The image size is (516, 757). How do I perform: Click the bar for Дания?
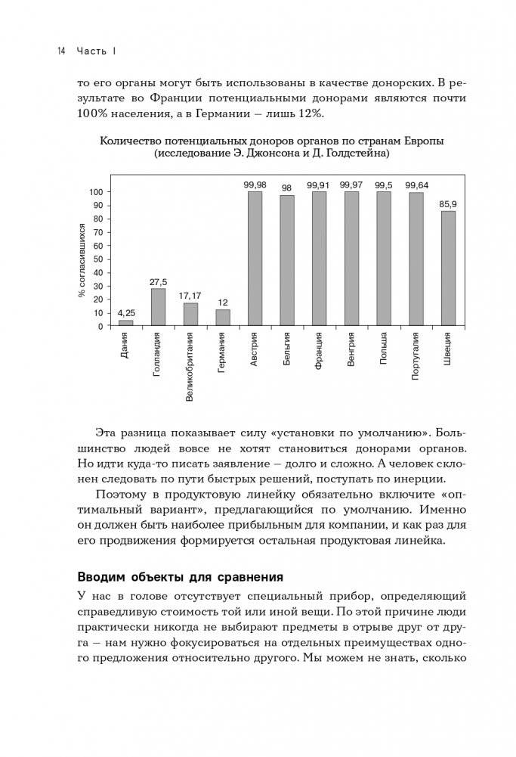tap(126, 323)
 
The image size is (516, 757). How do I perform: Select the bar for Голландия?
tap(158, 307)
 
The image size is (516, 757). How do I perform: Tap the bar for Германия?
tap(222, 318)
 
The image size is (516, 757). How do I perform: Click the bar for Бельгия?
tap(287, 260)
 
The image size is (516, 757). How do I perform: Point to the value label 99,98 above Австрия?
tap(255, 185)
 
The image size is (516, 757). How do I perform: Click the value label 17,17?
tap(190, 296)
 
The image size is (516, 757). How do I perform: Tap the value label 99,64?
tap(416, 185)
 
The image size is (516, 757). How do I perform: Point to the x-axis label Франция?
tap(320, 352)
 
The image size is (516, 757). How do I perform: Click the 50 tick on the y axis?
tap(97, 259)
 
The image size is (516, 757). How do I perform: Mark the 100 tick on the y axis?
tap(95, 192)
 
